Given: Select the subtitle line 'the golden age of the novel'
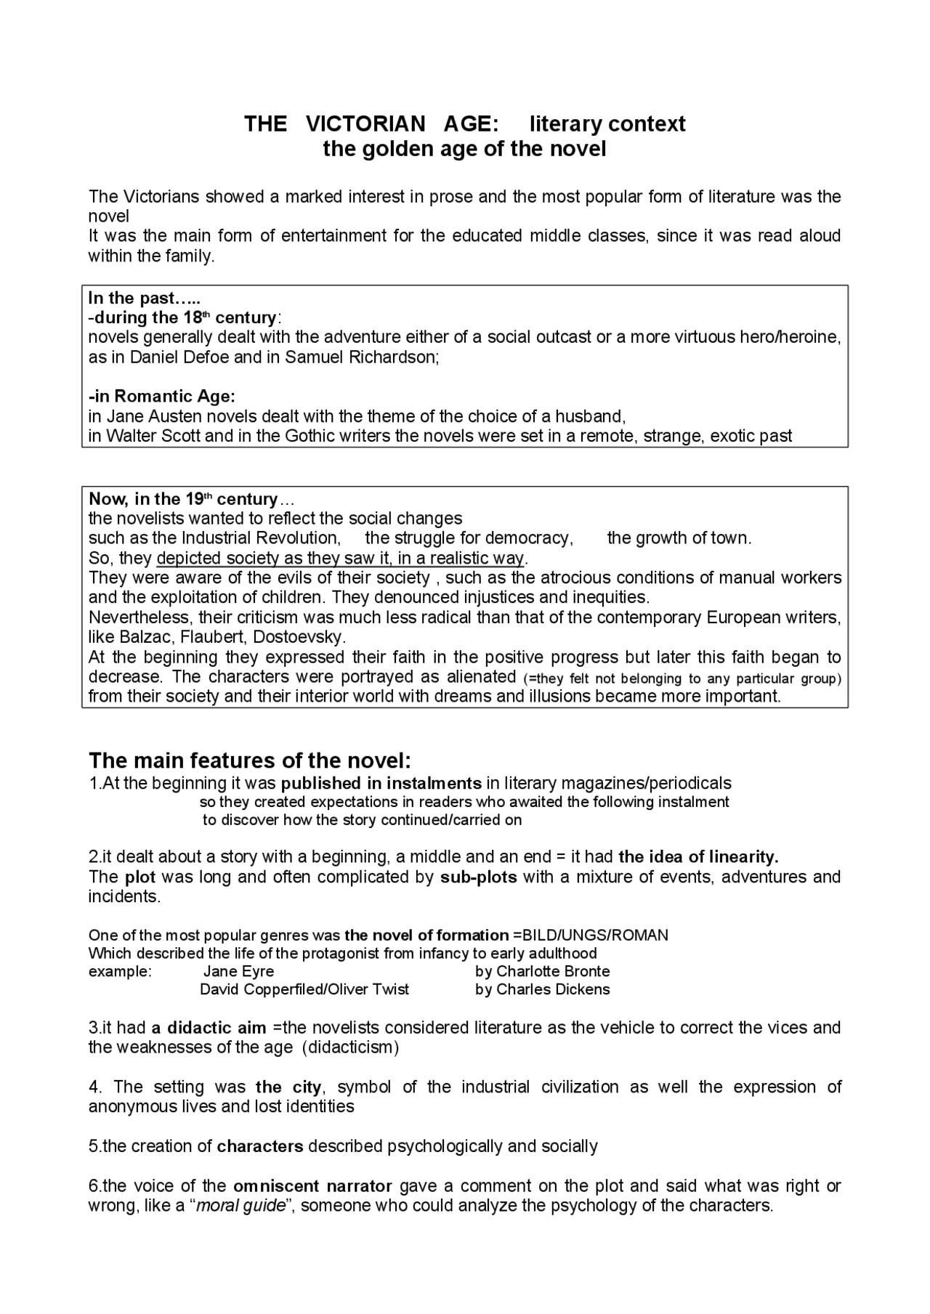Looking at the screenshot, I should [x=464, y=149].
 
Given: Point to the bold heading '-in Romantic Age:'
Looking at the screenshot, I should [x=161, y=397].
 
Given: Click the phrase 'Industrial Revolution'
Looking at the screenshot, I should [x=261, y=538].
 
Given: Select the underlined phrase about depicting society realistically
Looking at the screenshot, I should [x=340, y=558].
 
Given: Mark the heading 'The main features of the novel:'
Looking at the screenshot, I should [x=250, y=761].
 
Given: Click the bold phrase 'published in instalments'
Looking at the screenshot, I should [x=381, y=783].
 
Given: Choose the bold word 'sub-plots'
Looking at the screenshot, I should [x=479, y=877].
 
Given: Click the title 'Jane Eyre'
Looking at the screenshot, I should [x=238, y=972].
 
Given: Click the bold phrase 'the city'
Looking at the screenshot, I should [x=288, y=1087].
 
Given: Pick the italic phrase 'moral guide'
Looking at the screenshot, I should [x=240, y=1206].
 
